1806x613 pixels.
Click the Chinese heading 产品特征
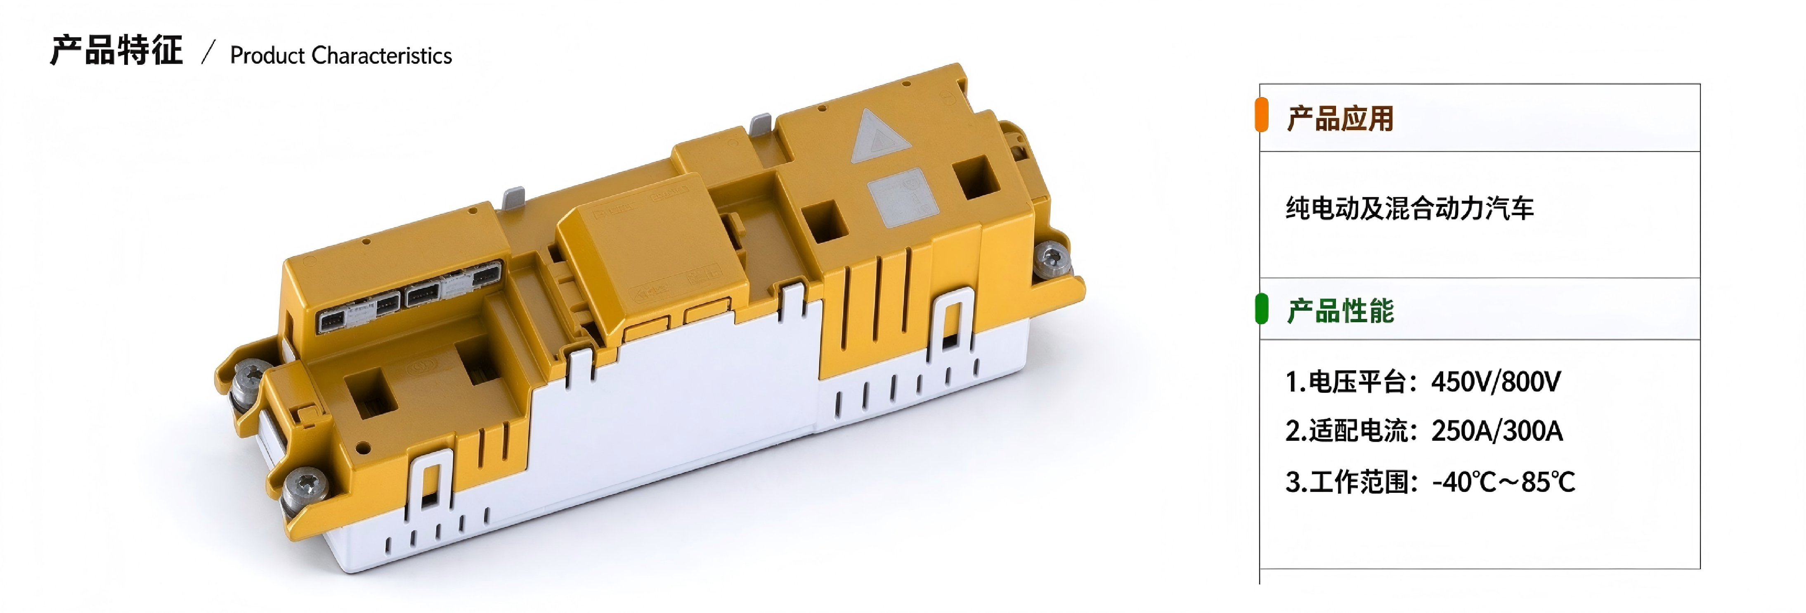click(116, 50)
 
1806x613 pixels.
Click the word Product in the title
click(267, 55)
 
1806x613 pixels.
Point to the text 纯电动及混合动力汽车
click(1409, 208)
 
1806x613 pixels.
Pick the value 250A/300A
click(1497, 431)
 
